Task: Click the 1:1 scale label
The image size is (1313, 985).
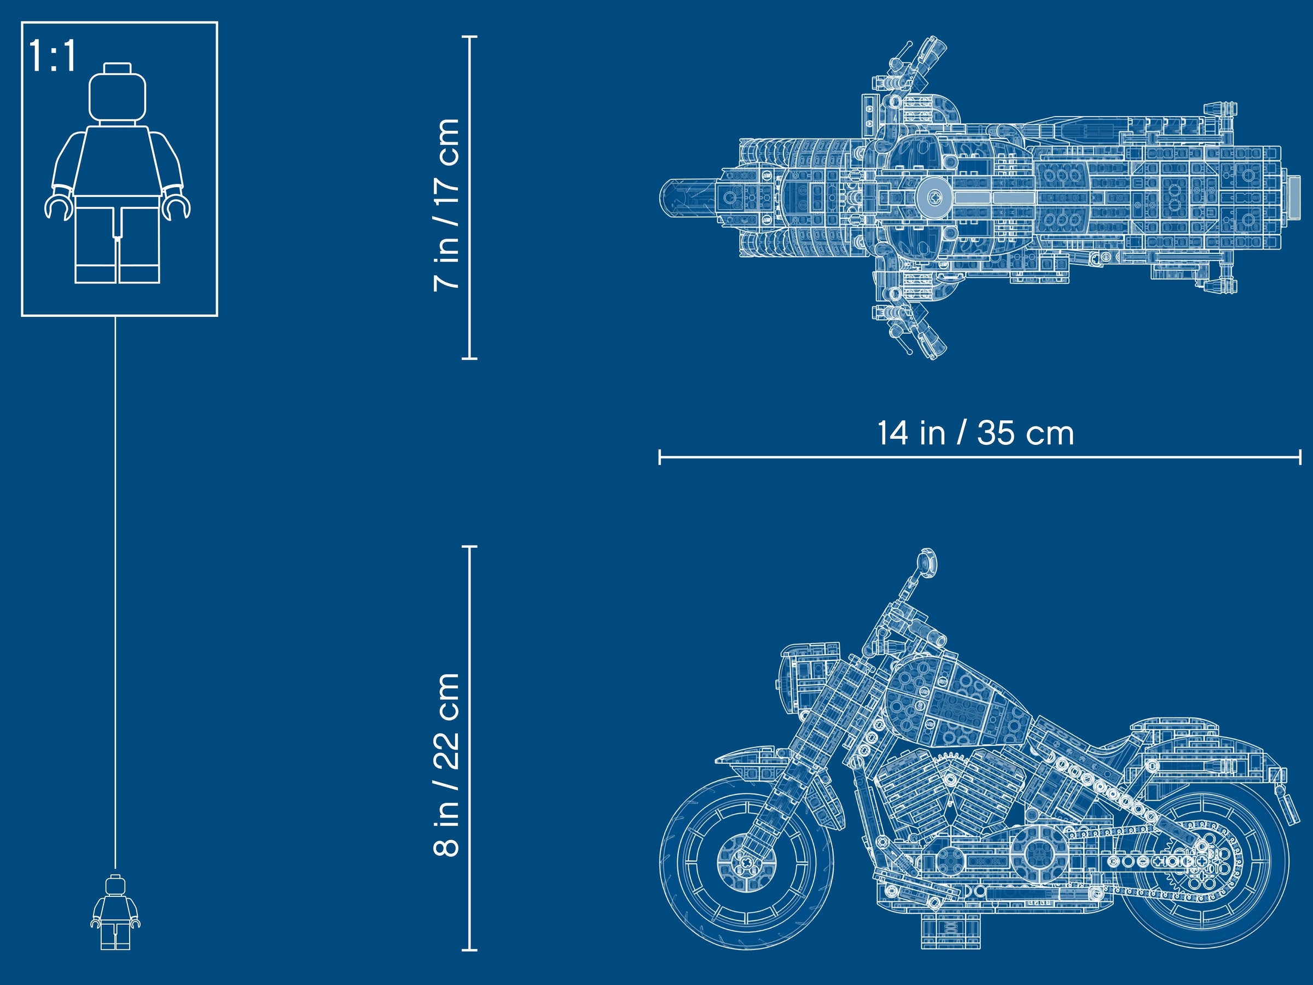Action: click(53, 56)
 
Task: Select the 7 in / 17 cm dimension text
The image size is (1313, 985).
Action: click(447, 205)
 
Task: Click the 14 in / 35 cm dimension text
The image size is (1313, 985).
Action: click(975, 433)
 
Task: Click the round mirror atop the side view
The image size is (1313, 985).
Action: click(927, 562)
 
